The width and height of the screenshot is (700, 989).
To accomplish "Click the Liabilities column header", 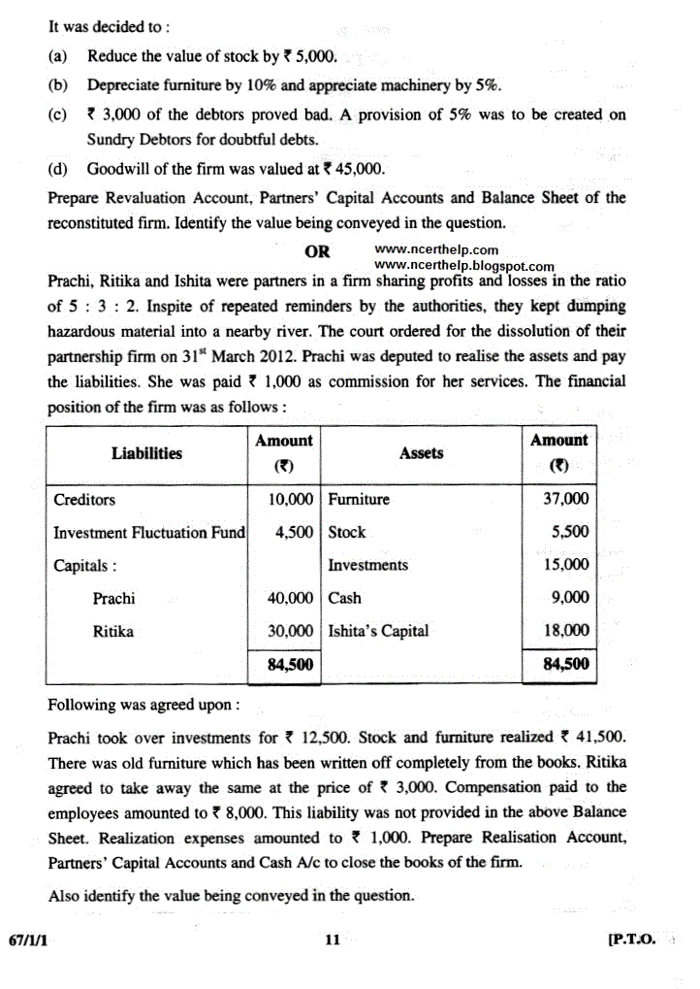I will pos(146,453).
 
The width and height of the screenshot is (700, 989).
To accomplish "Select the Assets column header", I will pos(421,453).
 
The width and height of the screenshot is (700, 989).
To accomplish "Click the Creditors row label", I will pos(84,500).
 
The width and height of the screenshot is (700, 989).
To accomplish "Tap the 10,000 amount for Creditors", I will pos(290,500).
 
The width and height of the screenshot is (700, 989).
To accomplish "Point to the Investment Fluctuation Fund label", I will pos(148,533).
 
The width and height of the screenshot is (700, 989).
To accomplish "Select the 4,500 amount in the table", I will pos(294,533).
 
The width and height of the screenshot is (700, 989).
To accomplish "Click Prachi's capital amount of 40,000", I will pos(290,599).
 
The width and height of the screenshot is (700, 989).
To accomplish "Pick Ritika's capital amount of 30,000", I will pos(290,632).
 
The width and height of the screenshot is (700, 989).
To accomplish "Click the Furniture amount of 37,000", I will pos(565,500).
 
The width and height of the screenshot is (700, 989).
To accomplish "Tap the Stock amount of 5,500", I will pos(570,533).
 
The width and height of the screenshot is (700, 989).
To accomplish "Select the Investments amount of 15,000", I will pos(565,565).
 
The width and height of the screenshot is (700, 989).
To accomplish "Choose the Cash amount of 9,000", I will pos(570,599).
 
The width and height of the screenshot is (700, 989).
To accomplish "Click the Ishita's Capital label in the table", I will pos(378,632).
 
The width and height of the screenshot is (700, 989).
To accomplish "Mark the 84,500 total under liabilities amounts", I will pos(290,665).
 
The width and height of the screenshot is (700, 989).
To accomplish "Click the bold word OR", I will pos(317,252).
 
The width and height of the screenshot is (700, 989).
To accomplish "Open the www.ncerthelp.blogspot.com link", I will pos(463,266).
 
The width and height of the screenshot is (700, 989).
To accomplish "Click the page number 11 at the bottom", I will pos(334,940).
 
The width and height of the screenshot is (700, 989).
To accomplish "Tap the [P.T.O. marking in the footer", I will pos(631,940).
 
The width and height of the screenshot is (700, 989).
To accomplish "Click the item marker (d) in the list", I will pos(57,169).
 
